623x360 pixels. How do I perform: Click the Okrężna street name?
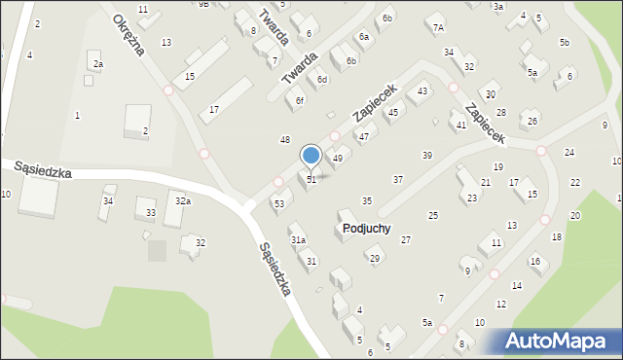click(128, 36)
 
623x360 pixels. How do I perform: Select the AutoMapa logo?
click(555, 341)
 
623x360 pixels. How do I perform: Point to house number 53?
click(279, 203)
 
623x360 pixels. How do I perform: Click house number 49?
click(338, 158)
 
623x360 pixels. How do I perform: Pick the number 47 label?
click(363, 137)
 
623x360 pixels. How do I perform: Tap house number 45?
click(393, 113)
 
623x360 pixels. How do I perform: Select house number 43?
click(422, 90)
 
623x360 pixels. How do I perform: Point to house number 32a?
click(182, 200)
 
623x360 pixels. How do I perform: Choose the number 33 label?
click(150, 212)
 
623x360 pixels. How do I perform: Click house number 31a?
click(299, 239)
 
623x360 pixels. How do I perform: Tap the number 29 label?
click(374, 258)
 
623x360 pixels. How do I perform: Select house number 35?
click(367, 200)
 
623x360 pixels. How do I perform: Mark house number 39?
click(426, 156)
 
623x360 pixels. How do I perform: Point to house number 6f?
click(301, 100)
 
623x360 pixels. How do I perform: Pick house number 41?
click(461, 126)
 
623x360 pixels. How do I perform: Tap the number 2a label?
click(98, 64)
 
